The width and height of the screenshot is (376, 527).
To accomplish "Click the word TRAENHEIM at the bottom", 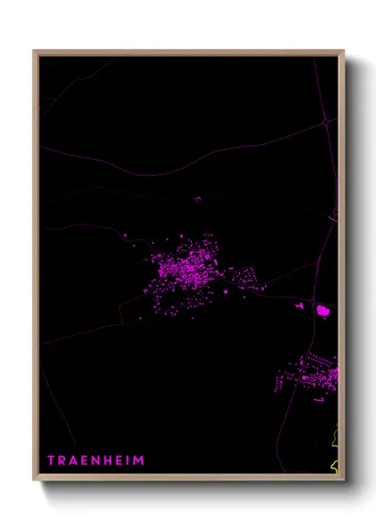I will [96, 461].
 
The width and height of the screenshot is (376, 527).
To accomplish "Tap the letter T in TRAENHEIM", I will [51, 461].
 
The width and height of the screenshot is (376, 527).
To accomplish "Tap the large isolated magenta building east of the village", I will [323, 310].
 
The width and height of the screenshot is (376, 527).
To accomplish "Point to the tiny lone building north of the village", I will [197, 199].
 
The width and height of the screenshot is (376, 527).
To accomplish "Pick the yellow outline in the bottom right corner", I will [335, 448].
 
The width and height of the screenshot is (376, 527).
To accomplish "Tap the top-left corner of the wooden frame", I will [35, 51].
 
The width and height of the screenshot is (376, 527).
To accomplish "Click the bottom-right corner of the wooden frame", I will [344, 481].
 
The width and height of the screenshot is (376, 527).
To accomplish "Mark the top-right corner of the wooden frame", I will [344, 51].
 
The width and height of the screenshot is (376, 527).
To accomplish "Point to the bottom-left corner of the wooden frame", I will [35, 481].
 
